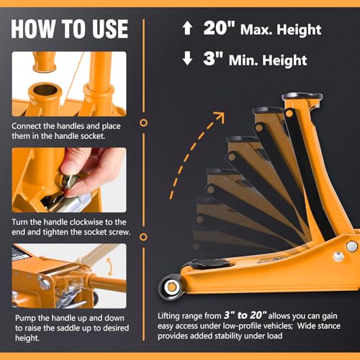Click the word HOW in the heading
coord(33,29)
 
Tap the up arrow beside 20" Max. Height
coord(187,28)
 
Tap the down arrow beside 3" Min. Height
coord(187,58)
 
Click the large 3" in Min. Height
coord(213,58)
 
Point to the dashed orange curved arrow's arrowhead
coord(219,117)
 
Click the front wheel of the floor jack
coord(171,287)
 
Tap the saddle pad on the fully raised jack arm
coord(302,96)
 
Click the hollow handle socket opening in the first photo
coord(45,90)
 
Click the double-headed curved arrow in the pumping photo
coord(109,266)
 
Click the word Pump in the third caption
coord(25,318)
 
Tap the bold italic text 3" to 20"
coord(245,315)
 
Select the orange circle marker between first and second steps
coord(143,122)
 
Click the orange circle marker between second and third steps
coord(143,237)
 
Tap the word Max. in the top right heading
coord(256,30)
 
